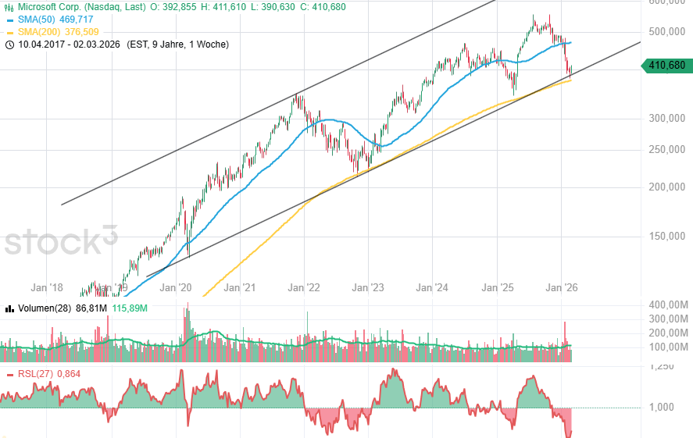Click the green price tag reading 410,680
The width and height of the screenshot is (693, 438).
667,66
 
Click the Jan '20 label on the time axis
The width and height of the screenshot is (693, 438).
175,288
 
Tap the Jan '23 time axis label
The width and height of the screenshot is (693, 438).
368,288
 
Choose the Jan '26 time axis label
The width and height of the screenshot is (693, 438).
561,288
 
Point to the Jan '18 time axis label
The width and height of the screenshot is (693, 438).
47,288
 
